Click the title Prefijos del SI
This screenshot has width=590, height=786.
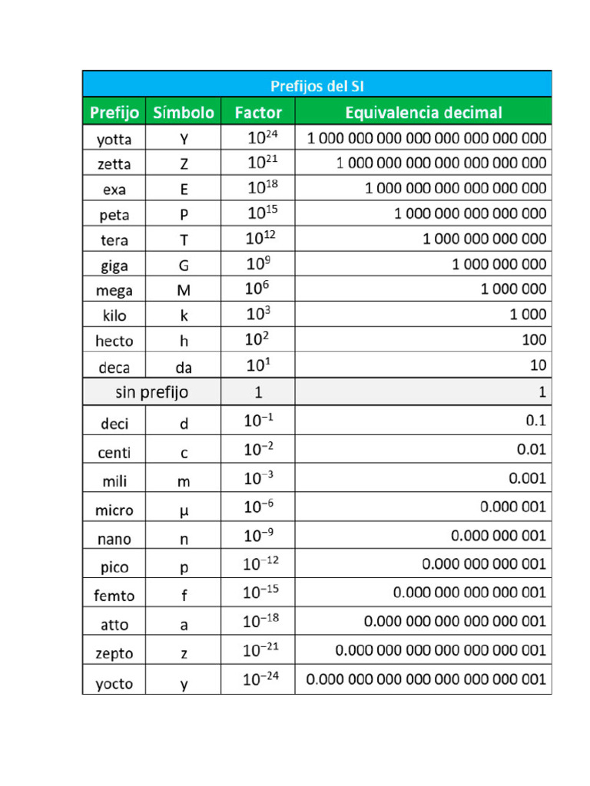click(317, 86)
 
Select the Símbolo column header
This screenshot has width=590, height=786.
click(184, 113)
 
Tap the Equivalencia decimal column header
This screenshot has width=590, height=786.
click(423, 113)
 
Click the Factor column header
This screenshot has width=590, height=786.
click(258, 113)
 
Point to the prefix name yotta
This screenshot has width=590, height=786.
click(114, 140)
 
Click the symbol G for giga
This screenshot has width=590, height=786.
click(184, 266)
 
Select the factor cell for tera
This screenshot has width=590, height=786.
click(259, 239)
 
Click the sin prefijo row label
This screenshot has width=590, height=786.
click(151, 393)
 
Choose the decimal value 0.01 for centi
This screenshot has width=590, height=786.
click(531, 450)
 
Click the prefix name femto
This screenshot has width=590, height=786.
click(114, 596)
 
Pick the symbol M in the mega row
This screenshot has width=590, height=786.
click(184, 291)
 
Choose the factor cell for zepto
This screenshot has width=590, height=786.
click(258, 651)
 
